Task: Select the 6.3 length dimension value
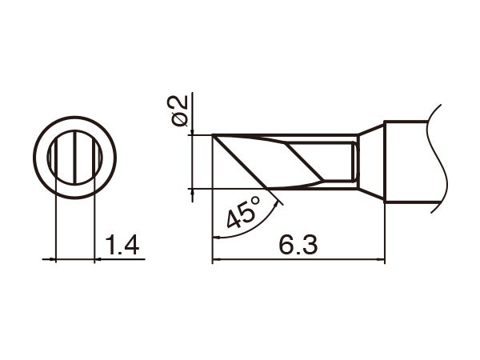[x=297, y=246]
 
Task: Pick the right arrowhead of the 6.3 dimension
[x=381, y=260]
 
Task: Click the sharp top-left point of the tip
[x=213, y=136]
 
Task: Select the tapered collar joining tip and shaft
[x=371, y=162]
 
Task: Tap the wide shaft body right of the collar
[x=408, y=162]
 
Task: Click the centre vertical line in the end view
[x=74, y=161]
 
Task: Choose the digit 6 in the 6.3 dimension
[x=286, y=246]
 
